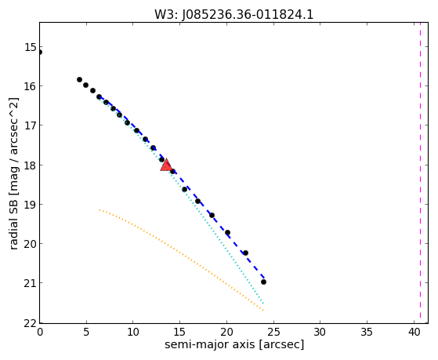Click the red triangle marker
(166, 165)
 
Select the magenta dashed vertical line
(420, 173)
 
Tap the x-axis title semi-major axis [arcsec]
(234, 344)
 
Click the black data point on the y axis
(39, 52)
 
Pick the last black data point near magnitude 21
(263, 282)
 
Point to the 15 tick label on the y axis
(31, 47)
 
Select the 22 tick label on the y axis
(31, 324)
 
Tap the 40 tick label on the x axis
(414, 333)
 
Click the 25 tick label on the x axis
(273, 333)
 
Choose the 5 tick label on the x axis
(86, 333)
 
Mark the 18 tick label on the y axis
(31, 165)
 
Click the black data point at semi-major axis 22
(245, 253)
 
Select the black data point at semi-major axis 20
(228, 232)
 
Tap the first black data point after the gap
(79, 79)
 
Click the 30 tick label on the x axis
(320, 333)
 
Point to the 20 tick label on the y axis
(31, 244)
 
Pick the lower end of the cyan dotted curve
(263, 304)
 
